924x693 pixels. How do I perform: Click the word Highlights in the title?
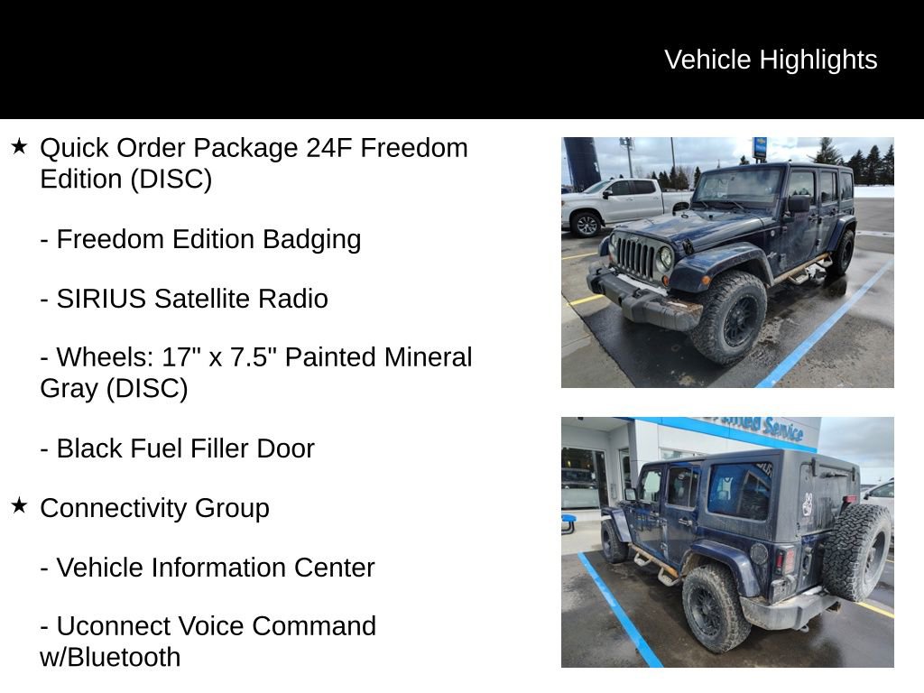[818, 60]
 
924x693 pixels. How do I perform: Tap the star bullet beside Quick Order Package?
[19, 146]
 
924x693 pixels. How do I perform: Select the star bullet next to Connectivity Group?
[19, 506]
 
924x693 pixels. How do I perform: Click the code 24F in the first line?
[328, 148]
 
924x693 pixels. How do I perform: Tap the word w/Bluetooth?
[110, 657]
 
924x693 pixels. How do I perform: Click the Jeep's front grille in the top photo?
[636, 257]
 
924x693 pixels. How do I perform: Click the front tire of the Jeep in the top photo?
[728, 316]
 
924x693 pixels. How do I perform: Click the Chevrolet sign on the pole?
[760, 147]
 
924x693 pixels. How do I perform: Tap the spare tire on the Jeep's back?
[856, 552]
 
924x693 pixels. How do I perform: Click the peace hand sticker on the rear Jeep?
[807, 504]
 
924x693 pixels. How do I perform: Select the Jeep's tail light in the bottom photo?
[788, 559]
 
